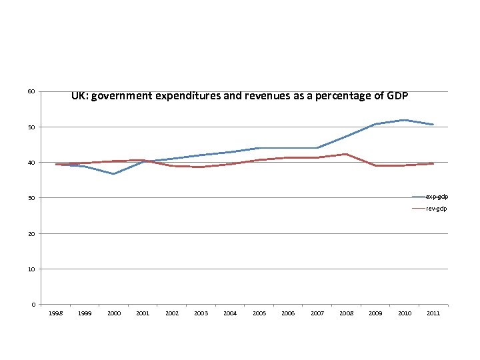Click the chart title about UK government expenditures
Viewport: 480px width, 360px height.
pos(239,96)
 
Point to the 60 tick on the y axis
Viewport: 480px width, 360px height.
pos(31,91)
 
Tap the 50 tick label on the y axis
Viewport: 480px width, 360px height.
pos(31,127)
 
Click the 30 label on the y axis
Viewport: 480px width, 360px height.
pos(31,198)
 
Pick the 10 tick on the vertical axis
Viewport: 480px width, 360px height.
pos(31,269)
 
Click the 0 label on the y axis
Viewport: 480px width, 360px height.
pos(33,305)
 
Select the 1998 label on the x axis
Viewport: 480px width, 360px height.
pos(56,313)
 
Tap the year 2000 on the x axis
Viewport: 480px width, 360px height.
pos(114,313)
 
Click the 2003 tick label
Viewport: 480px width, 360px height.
pos(201,313)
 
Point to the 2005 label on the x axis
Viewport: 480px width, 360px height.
pos(259,313)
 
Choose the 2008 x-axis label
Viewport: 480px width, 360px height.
pos(345,313)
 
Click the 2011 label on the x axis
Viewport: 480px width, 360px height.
pos(433,313)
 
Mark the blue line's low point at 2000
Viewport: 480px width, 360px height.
pos(114,174)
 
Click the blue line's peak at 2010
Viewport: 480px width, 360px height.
pos(403,120)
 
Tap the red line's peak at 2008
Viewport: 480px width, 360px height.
pos(345,154)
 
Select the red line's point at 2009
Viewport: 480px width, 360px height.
pos(375,165)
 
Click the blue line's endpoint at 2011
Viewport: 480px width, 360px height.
pos(433,125)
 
